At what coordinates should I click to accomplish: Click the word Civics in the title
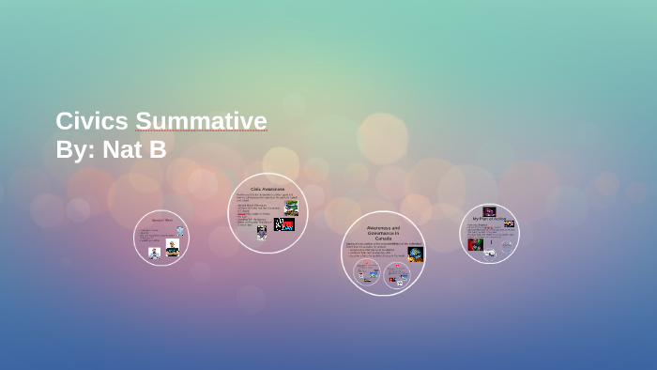(x=91, y=121)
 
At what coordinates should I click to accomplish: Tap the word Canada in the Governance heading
(x=383, y=239)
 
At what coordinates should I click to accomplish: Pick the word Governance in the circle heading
(x=383, y=233)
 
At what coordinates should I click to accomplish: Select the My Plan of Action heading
(x=489, y=218)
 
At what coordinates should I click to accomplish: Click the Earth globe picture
(x=415, y=254)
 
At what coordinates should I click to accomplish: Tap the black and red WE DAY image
(x=283, y=224)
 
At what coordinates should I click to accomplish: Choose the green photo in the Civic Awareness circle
(x=292, y=207)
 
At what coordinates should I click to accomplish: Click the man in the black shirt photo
(x=172, y=248)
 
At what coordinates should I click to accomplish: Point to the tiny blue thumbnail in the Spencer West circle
(x=180, y=231)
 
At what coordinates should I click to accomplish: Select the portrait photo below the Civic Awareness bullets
(x=261, y=231)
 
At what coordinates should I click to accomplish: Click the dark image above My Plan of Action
(x=489, y=211)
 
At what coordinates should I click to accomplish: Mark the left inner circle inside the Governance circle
(x=367, y=272)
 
